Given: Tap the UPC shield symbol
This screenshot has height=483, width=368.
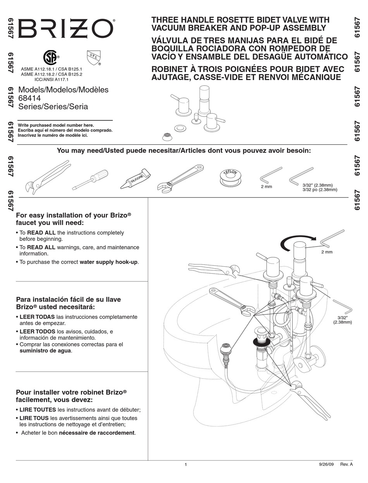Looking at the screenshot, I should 92,57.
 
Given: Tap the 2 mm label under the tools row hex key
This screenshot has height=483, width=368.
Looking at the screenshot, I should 267,187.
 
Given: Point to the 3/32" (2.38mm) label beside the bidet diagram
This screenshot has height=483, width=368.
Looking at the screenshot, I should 342,319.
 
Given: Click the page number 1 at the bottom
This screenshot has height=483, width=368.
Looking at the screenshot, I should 186,464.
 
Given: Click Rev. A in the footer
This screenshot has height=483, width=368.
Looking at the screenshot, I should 346,464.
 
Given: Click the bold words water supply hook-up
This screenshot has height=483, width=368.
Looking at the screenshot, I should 108,262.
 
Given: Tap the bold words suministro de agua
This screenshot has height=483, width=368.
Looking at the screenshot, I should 45,351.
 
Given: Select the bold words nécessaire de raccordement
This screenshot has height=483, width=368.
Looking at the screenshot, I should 97,433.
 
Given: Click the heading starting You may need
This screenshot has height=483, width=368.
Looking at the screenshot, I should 184,151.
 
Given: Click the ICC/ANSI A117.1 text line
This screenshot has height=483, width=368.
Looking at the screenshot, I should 52,79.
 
